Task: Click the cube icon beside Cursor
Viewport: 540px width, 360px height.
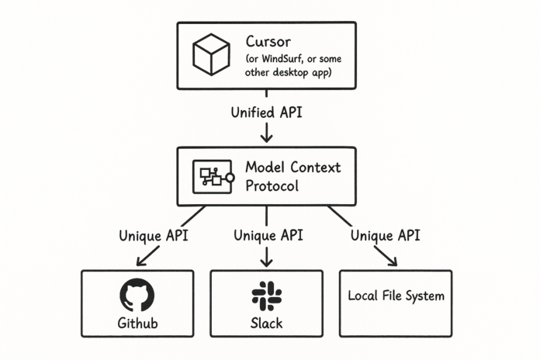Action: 211,54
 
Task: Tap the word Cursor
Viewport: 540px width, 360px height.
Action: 268,42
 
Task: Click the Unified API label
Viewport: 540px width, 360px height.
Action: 266,112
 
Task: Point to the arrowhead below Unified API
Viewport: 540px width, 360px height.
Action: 266,137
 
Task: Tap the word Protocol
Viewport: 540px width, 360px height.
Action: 272,186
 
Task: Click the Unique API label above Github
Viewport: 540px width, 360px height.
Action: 154,236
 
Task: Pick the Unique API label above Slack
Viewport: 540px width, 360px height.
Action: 268,236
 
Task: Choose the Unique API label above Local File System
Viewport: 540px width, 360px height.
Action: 385,236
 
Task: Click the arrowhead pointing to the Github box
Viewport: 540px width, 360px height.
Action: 140,261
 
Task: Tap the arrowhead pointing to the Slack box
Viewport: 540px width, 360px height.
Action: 266,261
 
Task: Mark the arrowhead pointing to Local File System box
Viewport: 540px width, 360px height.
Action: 393,261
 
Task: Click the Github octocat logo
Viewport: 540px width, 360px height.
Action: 137,296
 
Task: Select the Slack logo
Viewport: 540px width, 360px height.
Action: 267,296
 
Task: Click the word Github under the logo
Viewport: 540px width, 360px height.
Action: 137,323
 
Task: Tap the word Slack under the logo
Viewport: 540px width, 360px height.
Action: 266,323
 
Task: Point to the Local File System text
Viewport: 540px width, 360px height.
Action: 396,296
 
